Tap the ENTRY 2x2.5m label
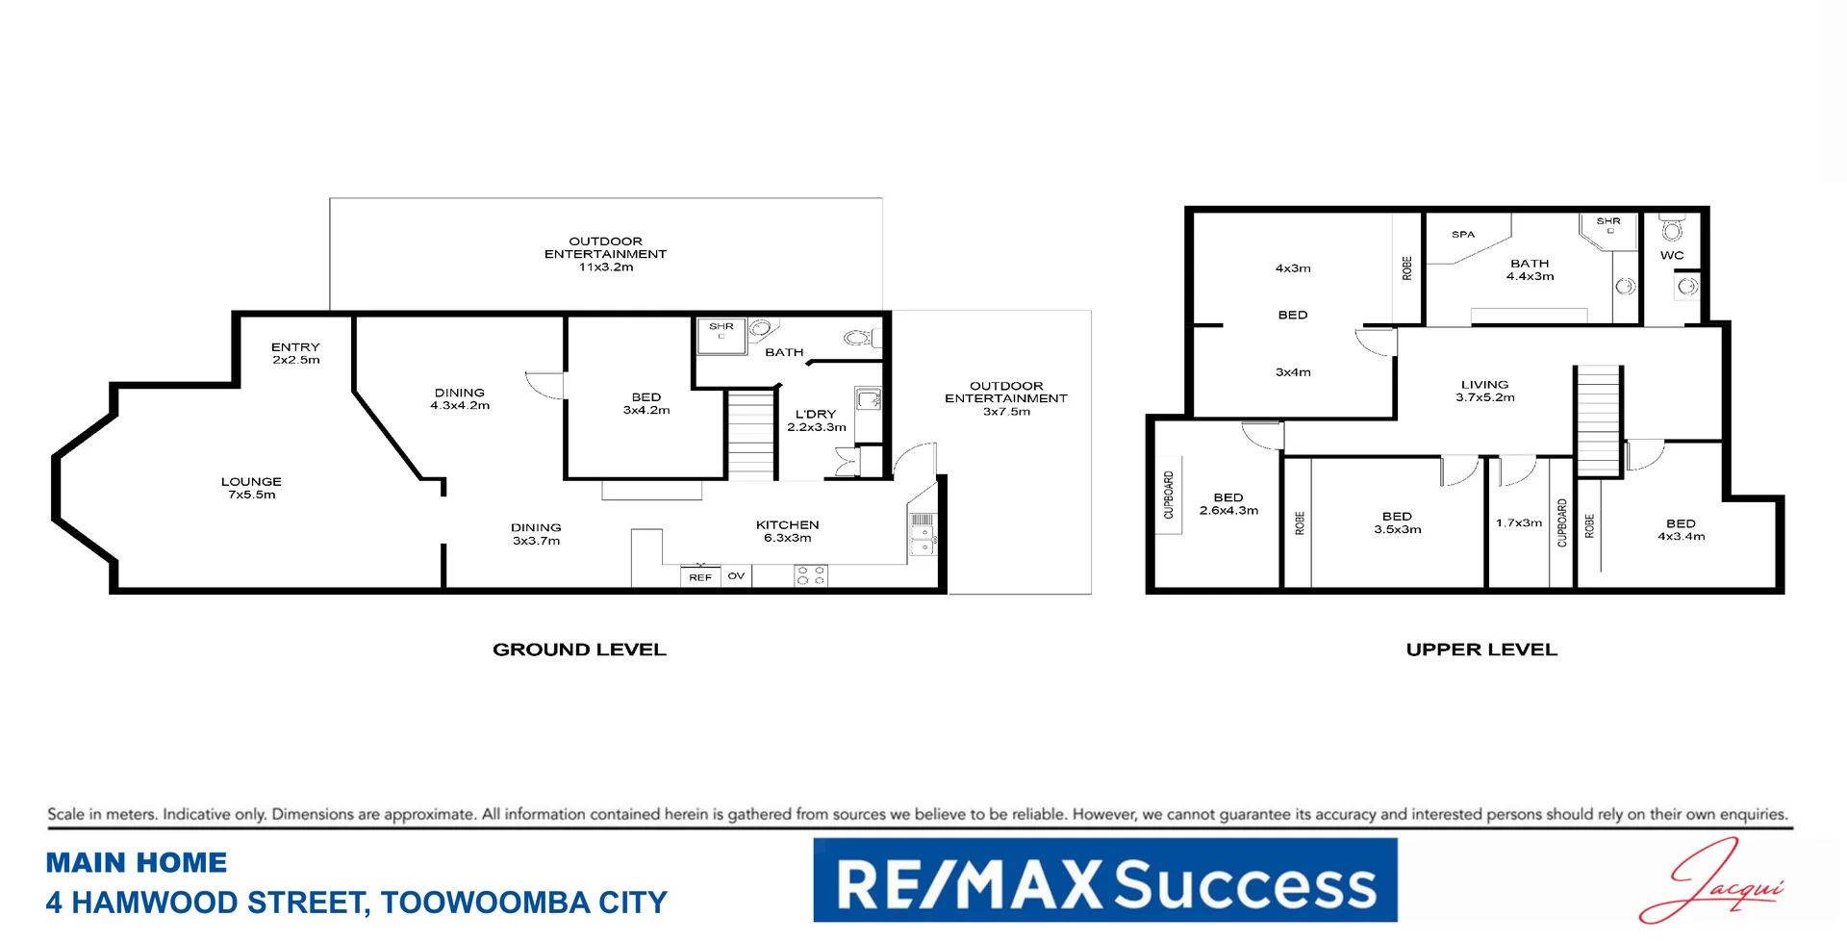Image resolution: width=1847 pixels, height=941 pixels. pyautogui.click(x=295, y=353)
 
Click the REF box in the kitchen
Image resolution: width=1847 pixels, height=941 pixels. pyautogui.click(x=700, y=576)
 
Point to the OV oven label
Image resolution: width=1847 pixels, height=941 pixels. pyautogui.click(x=736, y=575)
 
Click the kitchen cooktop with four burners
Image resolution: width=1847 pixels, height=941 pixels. pyautogui.click(x=810, y=575)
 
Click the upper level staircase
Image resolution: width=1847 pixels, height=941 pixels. pyautogui.click(x=1598, y=421)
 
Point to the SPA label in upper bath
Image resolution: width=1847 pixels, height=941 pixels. pyautogui.click(x=1463, y=234)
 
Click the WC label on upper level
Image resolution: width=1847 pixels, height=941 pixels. pyautogui.click(x=1672, y=255)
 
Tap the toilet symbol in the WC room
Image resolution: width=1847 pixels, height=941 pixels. pyautogui.click(x=1672, y=228)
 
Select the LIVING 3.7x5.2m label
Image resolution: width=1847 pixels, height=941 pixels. pyautogui.click(x=1484, y=391)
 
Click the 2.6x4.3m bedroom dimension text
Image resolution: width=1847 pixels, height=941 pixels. pyautogui.click(x=1228, y=511)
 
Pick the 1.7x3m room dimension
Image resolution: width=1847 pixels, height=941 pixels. pyautogui.click(x=1518, y=523)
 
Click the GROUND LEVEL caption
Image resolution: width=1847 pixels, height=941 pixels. pyautogui.click(x=579, y=649)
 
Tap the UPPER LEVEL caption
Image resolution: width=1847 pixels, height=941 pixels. pyautogui.click(x=1481, y=649)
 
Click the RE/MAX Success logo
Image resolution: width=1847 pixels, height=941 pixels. pyautogui.click(x=1105, y=880)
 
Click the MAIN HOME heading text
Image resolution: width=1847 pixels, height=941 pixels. pyautogui.click(x=137, y=863)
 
